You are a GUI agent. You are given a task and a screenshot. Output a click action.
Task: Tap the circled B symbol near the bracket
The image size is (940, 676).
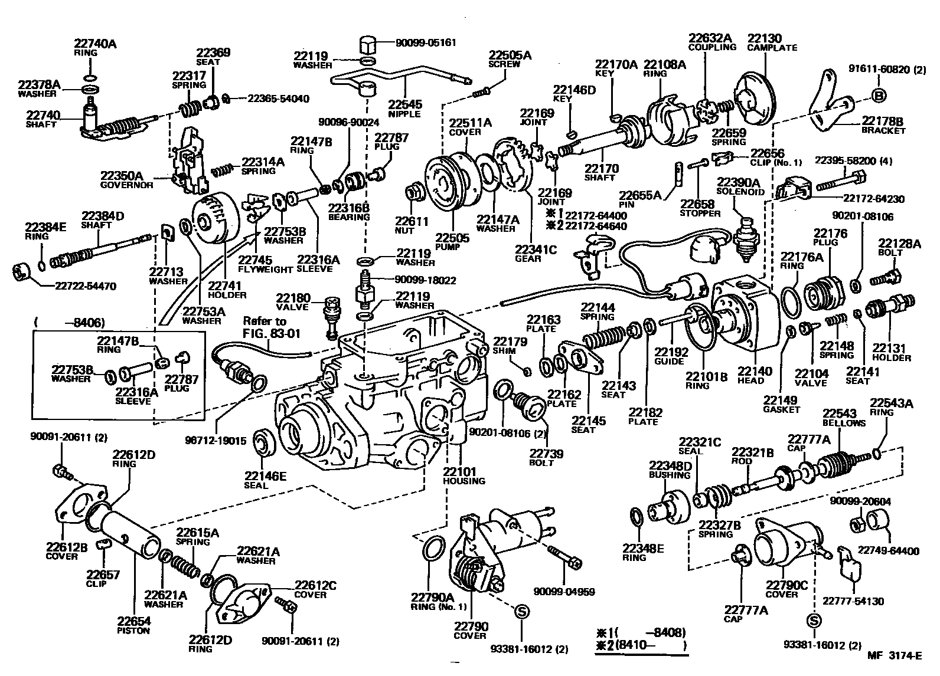pos(878,96)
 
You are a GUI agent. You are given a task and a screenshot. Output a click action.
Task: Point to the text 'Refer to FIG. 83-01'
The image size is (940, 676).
pos(272,327)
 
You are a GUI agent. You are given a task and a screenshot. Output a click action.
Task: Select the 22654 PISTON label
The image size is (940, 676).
pos(133,625)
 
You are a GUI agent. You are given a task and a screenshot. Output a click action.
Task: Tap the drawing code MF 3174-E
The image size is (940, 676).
pos(894,655)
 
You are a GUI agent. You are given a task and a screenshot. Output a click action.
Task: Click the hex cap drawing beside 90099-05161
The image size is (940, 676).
pos(368,44)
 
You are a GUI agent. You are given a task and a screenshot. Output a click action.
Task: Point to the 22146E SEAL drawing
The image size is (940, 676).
pos(265,444)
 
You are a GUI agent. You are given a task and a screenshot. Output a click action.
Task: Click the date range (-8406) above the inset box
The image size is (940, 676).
pos(70,323)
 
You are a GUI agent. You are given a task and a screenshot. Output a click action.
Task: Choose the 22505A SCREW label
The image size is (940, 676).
pos(510,59)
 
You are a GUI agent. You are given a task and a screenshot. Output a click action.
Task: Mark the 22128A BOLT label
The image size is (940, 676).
pos(899,247)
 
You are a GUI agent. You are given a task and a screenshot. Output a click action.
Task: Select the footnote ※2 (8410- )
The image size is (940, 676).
pos(641,646)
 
